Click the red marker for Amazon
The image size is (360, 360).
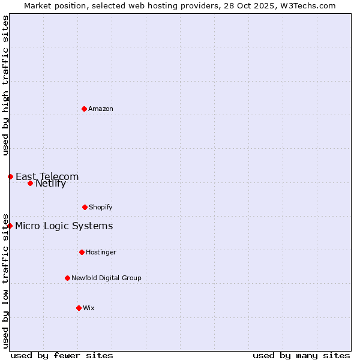(84, 109)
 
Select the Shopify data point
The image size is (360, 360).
(85, 207)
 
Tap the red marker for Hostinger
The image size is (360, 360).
(82, 252)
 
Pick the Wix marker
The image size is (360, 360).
(79, 308)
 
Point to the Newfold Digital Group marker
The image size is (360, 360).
(67, 278)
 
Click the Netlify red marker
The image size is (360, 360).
(30, 183)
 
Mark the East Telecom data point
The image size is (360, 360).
(10, 176)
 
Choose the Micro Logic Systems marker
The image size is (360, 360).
(10, 226)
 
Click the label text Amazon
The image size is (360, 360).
(101, 109)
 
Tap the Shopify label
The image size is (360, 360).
(101, 207)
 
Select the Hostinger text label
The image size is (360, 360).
(101, 252)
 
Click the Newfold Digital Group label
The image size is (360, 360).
(106, 278)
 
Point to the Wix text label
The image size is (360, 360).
(89, 308)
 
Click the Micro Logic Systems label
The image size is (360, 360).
(64, 226)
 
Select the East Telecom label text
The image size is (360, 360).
(47, 176)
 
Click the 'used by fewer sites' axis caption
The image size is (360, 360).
(62, 355)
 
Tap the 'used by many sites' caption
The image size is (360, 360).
(301, 355)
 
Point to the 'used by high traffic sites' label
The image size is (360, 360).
(5, 85)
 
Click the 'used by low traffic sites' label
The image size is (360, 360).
(5, 280)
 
